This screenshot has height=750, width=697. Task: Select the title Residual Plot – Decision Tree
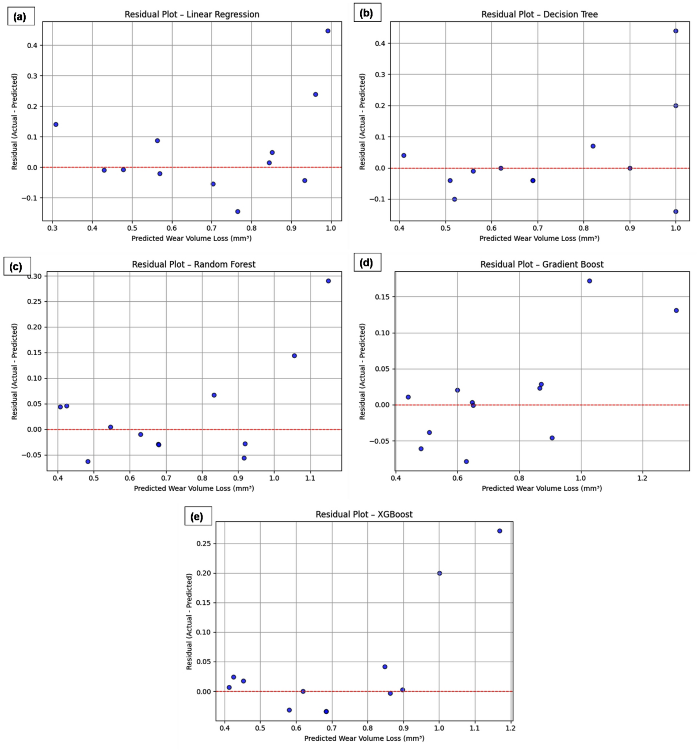click(x=539, y=14)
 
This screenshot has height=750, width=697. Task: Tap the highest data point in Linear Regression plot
click(x=328, y=31)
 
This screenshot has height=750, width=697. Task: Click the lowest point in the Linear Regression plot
click(x=238, y=211)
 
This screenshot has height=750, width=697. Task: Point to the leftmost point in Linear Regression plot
click(x=56, y=125)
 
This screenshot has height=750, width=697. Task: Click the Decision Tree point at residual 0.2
click(x=676, y=106)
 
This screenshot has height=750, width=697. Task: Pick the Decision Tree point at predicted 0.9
click(x=630, y=168)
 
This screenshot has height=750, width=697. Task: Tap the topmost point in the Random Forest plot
click(x=328, y=281)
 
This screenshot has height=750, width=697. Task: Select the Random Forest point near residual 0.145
click(x=294, y=356)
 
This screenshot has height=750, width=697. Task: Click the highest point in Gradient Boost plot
click(x=589, y=281)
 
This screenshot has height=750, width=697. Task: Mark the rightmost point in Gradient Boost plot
click(x=676, y=310)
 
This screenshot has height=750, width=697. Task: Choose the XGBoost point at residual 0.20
click(x=439, y=573)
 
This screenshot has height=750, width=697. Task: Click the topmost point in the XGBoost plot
click(x=499, y=531)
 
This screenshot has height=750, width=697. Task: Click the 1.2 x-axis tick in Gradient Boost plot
click(x=642, y=478)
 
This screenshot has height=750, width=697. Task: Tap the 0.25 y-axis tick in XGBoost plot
click(x=204, y=544)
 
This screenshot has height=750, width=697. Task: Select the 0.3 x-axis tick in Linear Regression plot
click(x=53, y=229)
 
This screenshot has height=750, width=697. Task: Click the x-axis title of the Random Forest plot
click(x=194, y=488)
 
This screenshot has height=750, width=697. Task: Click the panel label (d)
click(x=367, y=263)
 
